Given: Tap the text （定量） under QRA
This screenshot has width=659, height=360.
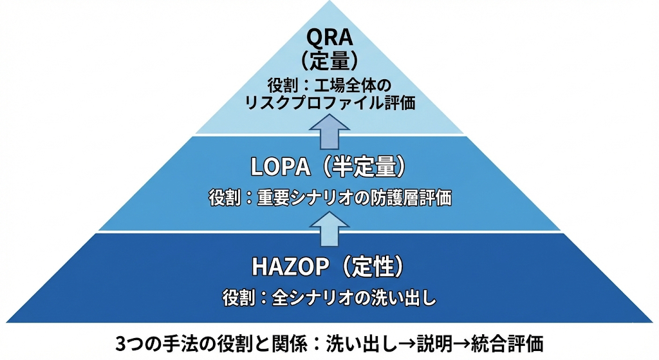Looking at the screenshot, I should [x=329, y=61].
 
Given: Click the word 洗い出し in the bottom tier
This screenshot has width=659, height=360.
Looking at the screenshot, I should [x=402, y=298].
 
